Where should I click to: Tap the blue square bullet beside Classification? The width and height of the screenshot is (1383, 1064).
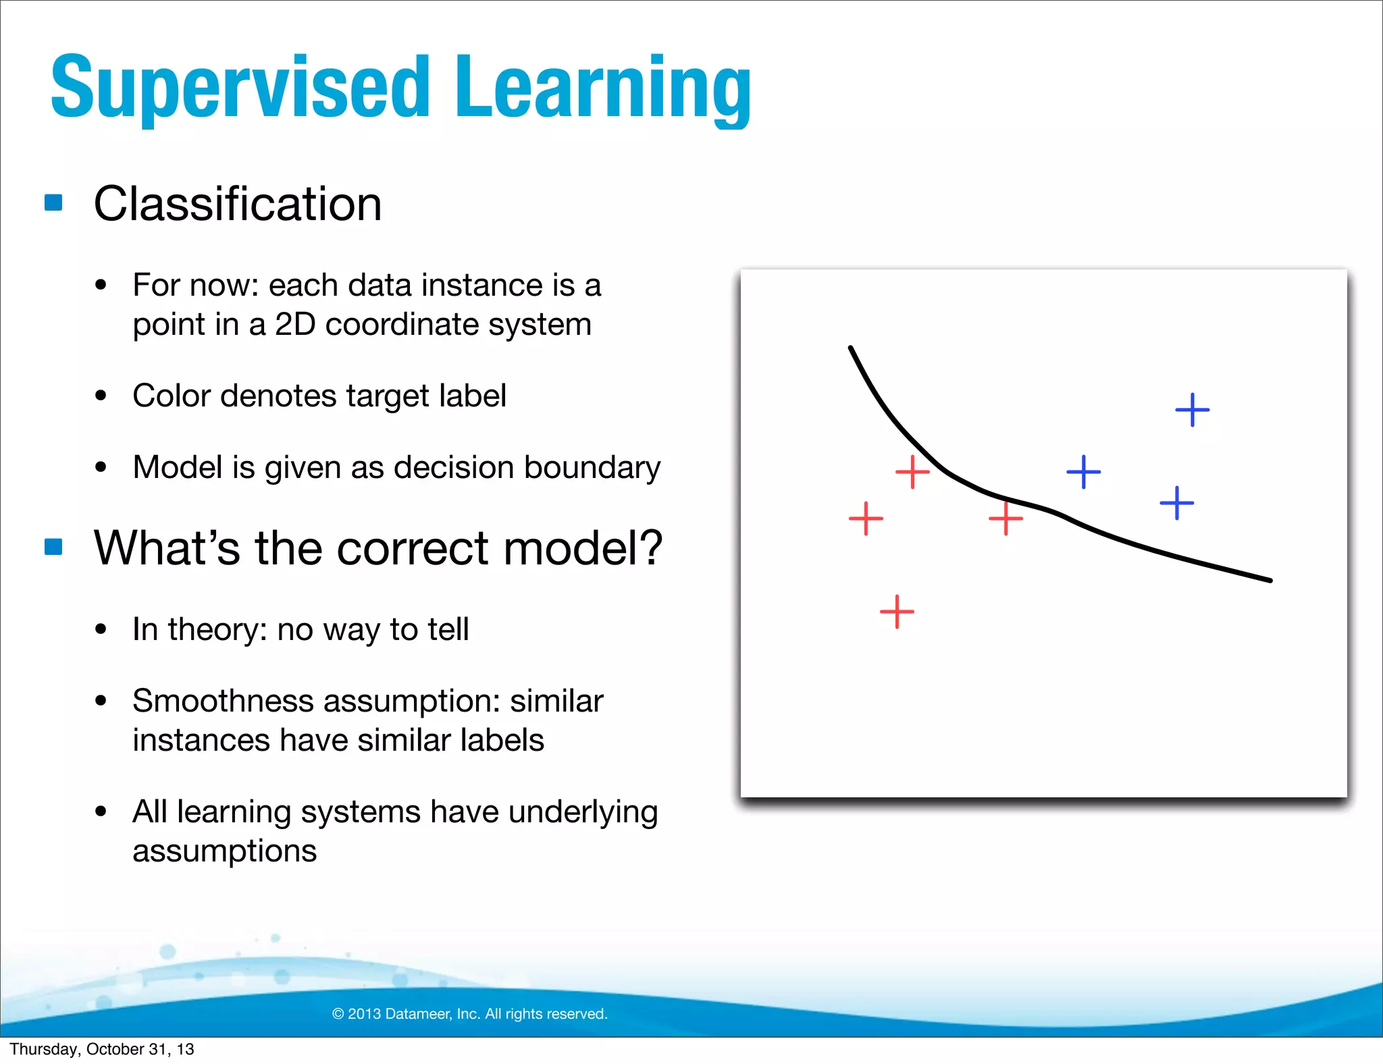tap(53, 203)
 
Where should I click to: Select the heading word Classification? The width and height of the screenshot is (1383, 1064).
tap(238, 204)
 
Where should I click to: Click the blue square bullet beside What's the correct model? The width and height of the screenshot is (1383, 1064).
tap(53, 546)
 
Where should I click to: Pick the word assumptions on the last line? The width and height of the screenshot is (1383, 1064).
tap(224, 851)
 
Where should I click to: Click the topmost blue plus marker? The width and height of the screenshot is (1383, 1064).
tap(1192, 410)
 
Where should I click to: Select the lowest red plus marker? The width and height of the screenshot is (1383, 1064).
tap(897, 612)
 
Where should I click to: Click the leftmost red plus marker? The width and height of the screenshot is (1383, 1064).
tap(866, 518)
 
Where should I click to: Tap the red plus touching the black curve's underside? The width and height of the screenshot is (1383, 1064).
tap(1006, 518)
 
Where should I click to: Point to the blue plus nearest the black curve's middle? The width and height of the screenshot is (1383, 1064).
tap(1083, 472)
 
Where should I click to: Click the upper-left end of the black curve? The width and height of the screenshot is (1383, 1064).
tap(851, 348)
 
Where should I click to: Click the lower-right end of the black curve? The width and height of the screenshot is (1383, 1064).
tap(1270, 580)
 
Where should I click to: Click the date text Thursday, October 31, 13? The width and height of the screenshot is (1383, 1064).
tap(101, 1049)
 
